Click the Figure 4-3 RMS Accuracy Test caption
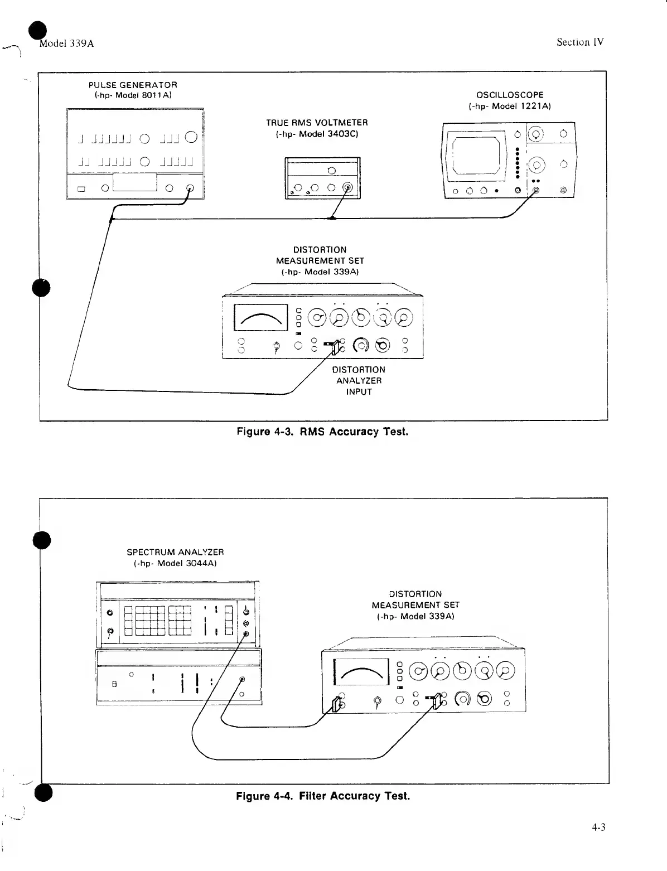[x=322, y=432]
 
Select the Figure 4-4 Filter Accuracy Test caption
[x=323, y=796]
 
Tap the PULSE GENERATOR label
[x=133, y=85]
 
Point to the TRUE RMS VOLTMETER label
[x=317, y=123]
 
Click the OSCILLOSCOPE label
[x=509, y=95]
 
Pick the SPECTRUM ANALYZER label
[x=175, y=552]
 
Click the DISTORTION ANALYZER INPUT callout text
[x=358, y=380]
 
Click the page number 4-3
[x=598, y=827]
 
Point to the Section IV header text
[x=580, y=42]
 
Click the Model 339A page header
[x=66, y=44]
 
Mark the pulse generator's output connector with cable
[x=190, y=188]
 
